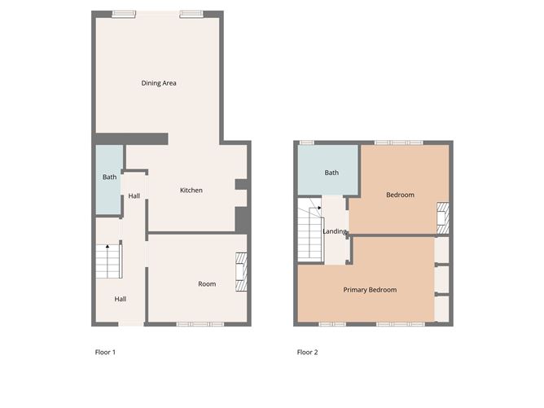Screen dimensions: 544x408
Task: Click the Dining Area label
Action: tap(159, 83)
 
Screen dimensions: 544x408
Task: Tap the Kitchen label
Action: tap(191, 190)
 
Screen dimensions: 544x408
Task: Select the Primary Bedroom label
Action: tap(370, 290)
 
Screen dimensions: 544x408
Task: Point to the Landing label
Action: tap(335, 231)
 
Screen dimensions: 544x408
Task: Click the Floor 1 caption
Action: tap(105, 352)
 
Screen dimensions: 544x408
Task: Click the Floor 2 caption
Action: tap(307, 352)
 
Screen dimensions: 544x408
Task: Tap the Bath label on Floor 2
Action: tap(331, 173)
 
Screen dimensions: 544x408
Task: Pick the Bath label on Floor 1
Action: tap(110, 177)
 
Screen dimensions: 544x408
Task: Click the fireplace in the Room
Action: tap(241, 272)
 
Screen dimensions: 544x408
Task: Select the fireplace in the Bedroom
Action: tap(443, 218)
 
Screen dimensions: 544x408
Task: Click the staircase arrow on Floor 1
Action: tap(107, 246)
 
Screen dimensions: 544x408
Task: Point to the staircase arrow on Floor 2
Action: tap(319, 208)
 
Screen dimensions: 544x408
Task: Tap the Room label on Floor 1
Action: tap(207, 283)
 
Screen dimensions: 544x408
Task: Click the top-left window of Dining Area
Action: tap(124, 14)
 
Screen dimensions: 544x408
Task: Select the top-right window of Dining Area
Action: tap(191, 14)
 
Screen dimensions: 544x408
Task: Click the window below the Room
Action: tap(200, 324)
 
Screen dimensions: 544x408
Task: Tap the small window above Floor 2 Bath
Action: tap(307, 143)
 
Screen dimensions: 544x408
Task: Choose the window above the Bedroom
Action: tap(399, 143)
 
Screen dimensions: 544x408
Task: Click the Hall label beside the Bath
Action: tap(134, 196)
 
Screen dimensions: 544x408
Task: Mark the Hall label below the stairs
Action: tap(121, 299)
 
